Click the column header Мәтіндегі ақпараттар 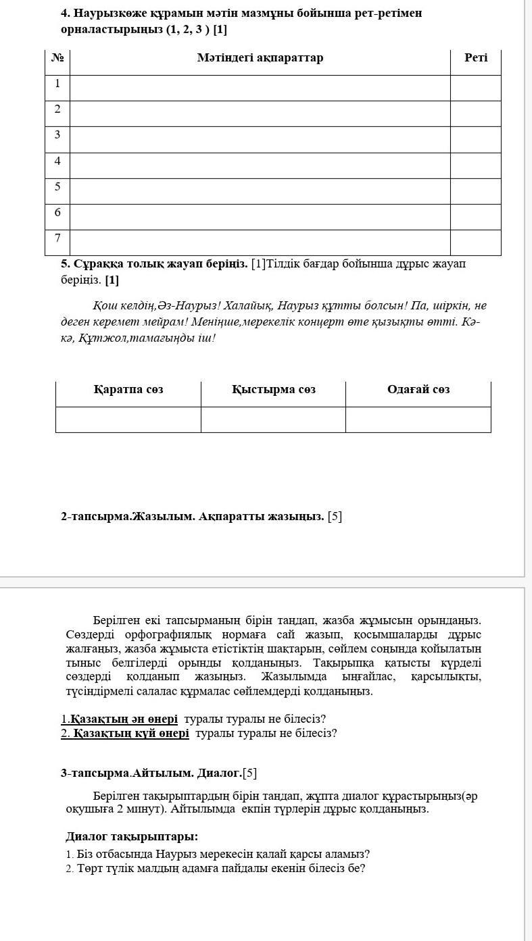click(x=260, y=58)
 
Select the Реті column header click(x=475, y=58)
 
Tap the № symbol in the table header click(x=57, y=58)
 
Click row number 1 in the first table click(x=57, y=84)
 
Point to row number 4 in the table click(x=57, y=161)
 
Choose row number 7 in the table click(x=57, y=238)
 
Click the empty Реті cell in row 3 click(x=475, y=139)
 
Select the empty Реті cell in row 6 click(x=475, y=217)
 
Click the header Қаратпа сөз click(x=128, y=390)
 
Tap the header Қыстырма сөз click(x=273, y=390)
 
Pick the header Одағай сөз click(x=418, y=390)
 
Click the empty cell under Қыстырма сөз click(x=273, y=419)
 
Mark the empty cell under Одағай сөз click(x=418, y=419)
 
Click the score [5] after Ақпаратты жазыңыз click(x=335, y=517)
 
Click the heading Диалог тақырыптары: click(x=132, y=836)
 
